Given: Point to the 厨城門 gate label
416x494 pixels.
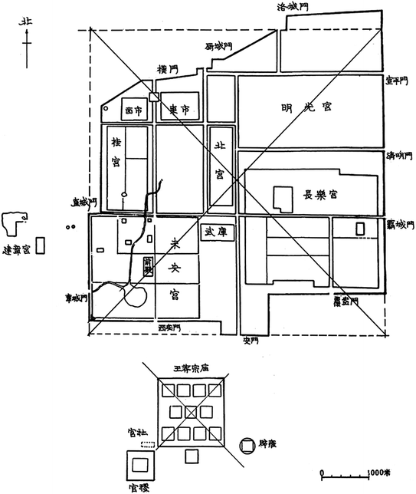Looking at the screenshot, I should pos(218,47).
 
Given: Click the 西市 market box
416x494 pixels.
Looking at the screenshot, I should pos(133,111).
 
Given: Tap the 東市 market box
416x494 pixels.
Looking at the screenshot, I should pos(179,110).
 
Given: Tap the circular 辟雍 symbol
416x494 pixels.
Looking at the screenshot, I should pos(247,444).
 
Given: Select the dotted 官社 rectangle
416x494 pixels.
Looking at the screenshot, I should pos(149,445).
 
